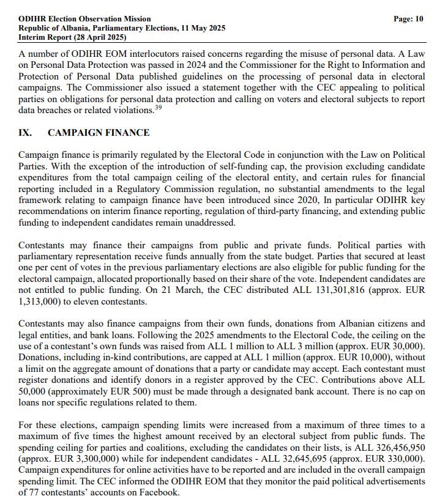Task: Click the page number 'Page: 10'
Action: tap(408, 19)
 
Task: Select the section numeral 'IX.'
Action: tap(26, 133)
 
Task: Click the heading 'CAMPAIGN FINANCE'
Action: tap(99, 133)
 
